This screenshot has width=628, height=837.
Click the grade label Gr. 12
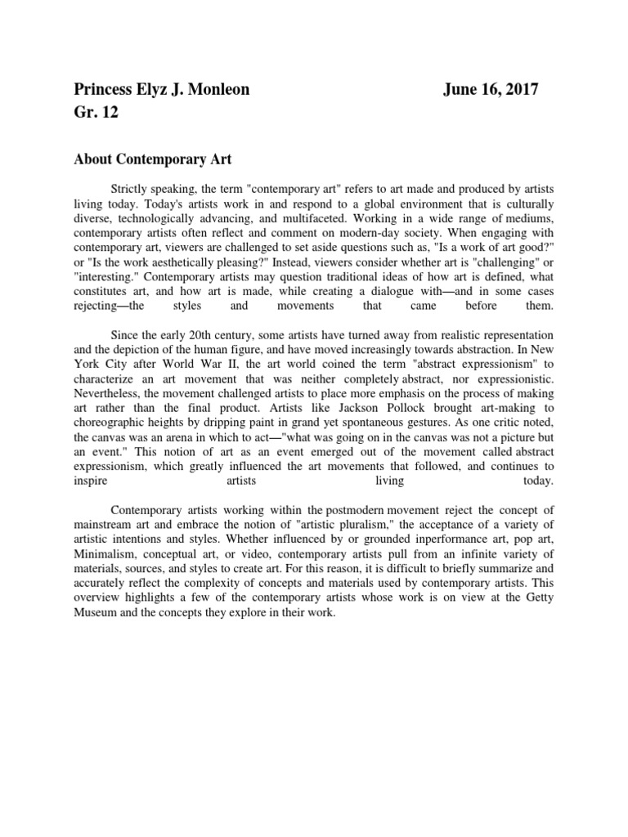pyautogui.click(x=96, y=113)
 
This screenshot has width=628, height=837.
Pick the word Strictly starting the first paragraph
pyautogui.click(x=131, y=189)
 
